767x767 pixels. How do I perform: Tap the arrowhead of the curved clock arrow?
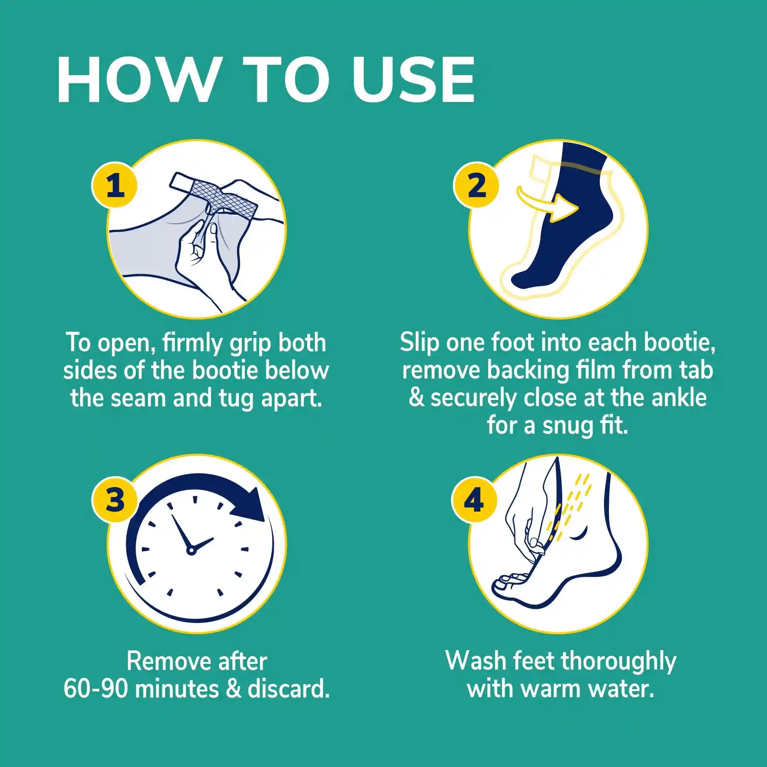249,505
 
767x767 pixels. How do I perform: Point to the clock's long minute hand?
181,532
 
